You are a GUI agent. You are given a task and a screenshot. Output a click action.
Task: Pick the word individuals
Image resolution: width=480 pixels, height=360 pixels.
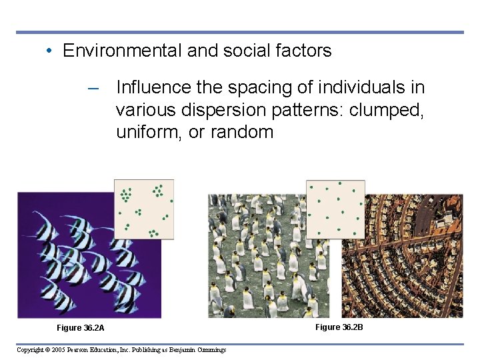(x=358, y=87)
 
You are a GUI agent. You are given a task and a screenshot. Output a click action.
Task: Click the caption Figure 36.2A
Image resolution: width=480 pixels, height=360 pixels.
(x=81, y=328)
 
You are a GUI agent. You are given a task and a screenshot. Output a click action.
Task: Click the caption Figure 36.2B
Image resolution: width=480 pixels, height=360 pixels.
(x=339, y=327)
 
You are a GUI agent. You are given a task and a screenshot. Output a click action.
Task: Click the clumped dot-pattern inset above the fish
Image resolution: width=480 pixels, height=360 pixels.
(x=143, y=209)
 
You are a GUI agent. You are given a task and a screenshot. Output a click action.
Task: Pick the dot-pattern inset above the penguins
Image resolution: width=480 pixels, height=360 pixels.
(x=335, y=209)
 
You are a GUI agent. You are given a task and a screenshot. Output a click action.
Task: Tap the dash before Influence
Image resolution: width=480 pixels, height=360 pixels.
(x=94, y=88)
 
